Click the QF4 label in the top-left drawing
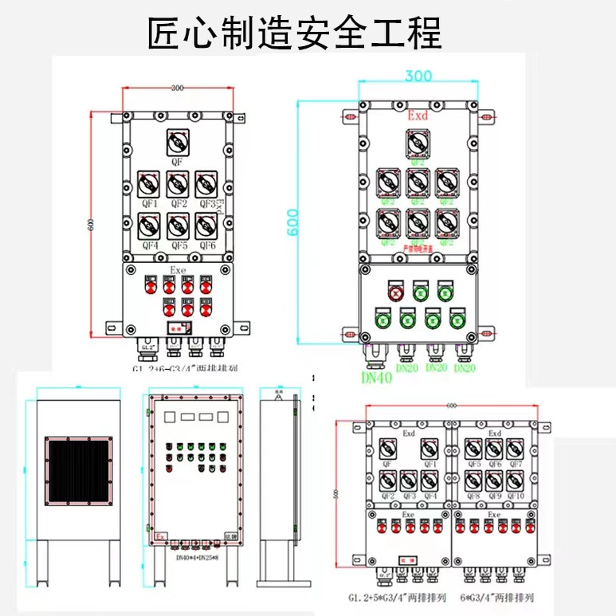pyautogui.click(x=150, y=245)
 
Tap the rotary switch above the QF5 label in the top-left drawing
pyautogui.click(x=179, y=226)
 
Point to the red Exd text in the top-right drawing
pyautogui.click(x=418, y=116)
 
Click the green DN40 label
pyautogui.click(x=376, y=378)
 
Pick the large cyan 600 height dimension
pyautogui.click(x=292, y=222)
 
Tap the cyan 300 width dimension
pyautogui.click(x=418, y=76)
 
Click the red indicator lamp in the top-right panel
pyautogui.click(x=396, y=292)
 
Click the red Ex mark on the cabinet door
pyautogui.click(x=161, y=536)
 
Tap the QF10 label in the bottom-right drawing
pyautogui.click(x=515, y=496)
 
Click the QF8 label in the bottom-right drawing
pyautogui.click(x=473, y=496)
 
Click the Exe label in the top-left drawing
pyautogui.click(x=178, y=271)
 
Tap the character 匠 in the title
pyautogui.click(x=165, y=33)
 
